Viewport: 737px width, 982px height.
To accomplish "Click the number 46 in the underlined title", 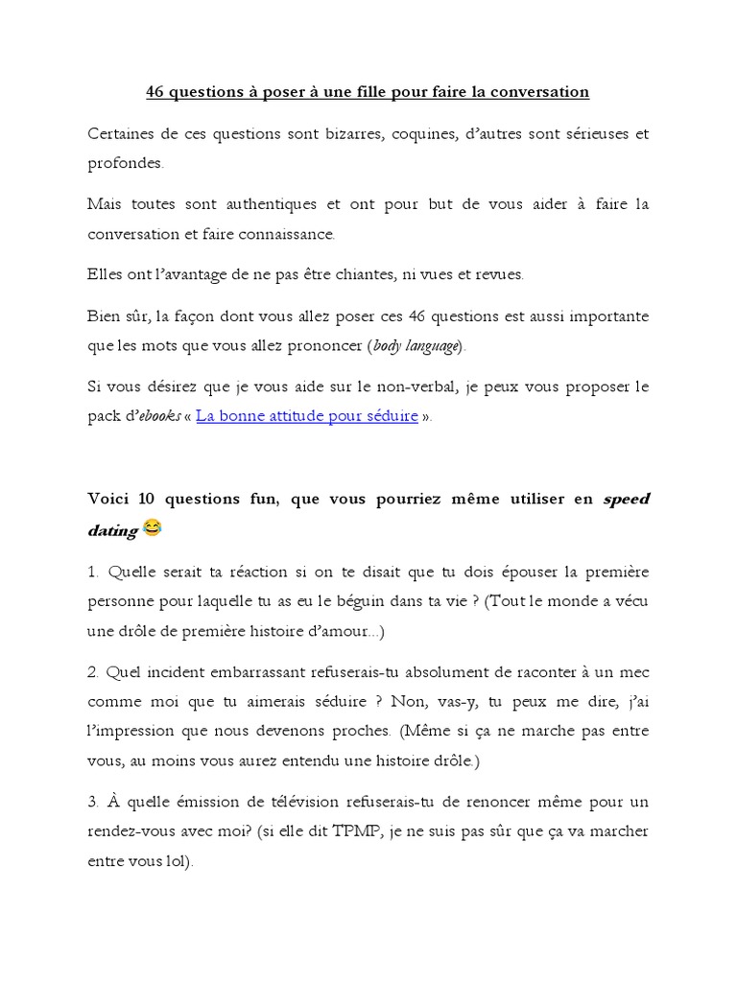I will point(155,92).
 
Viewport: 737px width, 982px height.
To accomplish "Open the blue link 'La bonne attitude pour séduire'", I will point(307,416).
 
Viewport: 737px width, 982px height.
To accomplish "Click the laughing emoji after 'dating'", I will point(153,527).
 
